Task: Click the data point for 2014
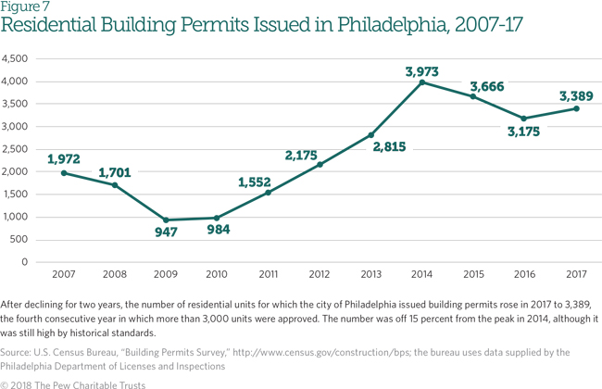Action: tap(422, 82)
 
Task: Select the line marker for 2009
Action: tap(166, 220)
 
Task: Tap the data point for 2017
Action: tap(576, 108)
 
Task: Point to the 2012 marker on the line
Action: tap(320, 165)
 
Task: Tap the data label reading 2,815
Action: tap(371, 148)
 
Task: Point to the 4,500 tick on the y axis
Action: tap(17, 58)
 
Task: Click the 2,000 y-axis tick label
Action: tap(17, 171)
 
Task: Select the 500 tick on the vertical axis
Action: tap(22, 239)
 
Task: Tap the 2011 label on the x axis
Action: tap(269, 275)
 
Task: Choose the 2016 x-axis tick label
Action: tap(525, 275)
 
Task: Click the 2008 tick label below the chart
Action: tap(115, 275)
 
